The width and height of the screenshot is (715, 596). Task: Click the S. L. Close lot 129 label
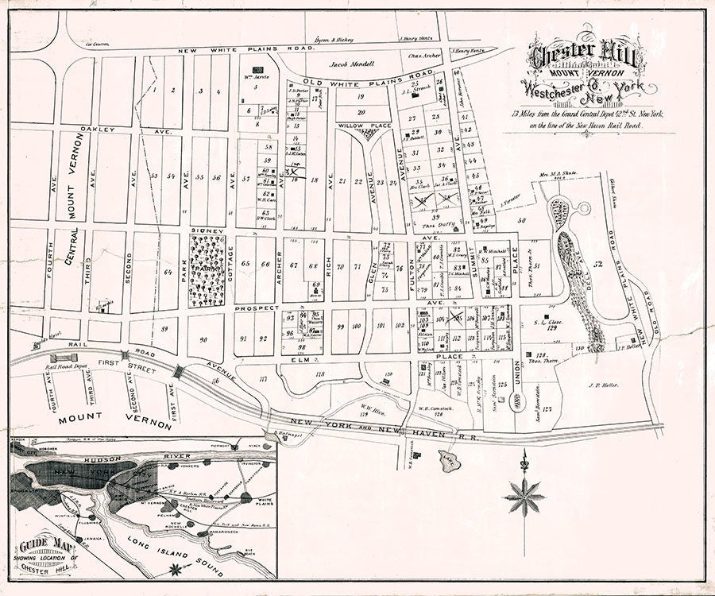tap(548, 324)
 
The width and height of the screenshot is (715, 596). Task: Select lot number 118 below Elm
tap(320, 373)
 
